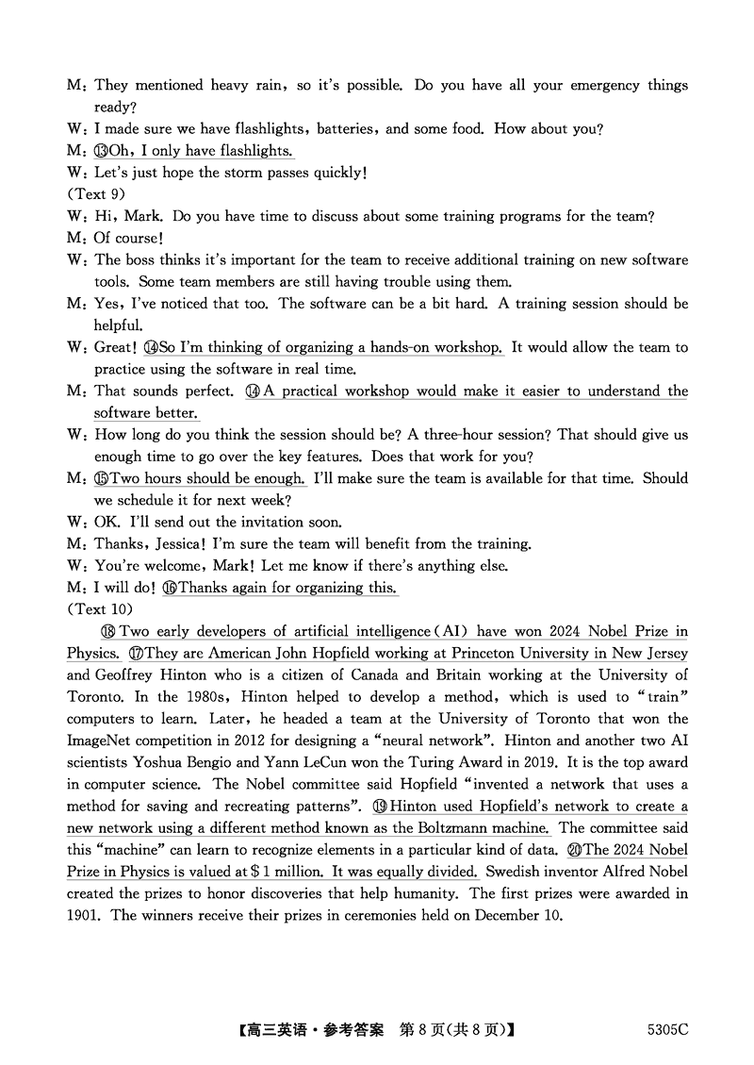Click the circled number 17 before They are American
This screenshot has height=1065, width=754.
pyautogui.click(x=137, y=653)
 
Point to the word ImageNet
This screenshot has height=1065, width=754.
pyautogui.click(x=99, y=741)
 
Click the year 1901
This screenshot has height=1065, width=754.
pyautogui.click(x=83, y=915)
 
